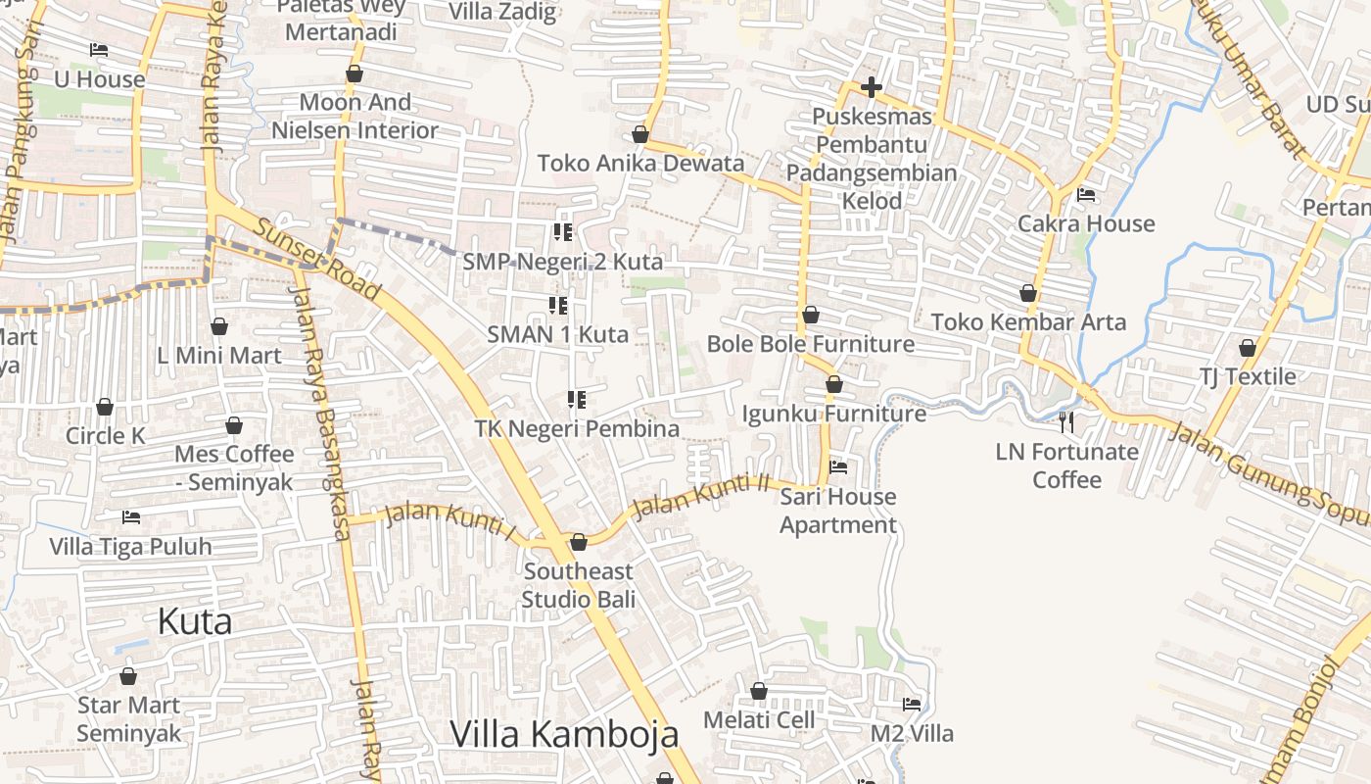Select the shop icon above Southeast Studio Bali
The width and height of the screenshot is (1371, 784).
(579, 542)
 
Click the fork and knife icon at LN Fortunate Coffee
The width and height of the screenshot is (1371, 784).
(1066, 422)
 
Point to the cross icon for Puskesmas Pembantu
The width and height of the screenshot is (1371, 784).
(871, 88)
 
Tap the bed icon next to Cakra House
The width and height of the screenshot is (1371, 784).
(1086, 195)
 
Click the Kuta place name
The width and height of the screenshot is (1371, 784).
(195, 621)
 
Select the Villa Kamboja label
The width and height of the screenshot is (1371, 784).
(564, 733)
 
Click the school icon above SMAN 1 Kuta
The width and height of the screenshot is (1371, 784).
(558, 306)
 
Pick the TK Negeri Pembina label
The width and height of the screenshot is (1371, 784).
(577, 428)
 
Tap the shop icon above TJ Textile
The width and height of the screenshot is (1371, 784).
(1248, 348)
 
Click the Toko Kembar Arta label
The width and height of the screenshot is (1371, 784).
(1028, 321)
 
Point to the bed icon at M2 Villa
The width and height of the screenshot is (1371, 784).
(912, 705)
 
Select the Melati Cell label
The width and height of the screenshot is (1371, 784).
(759, 719)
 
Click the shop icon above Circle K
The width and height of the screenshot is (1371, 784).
(105, 407)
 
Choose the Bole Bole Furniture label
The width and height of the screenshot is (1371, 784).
(810, 344)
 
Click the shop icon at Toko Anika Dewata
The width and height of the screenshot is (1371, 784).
(640, 134)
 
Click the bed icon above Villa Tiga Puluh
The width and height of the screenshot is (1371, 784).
(130, 517)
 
